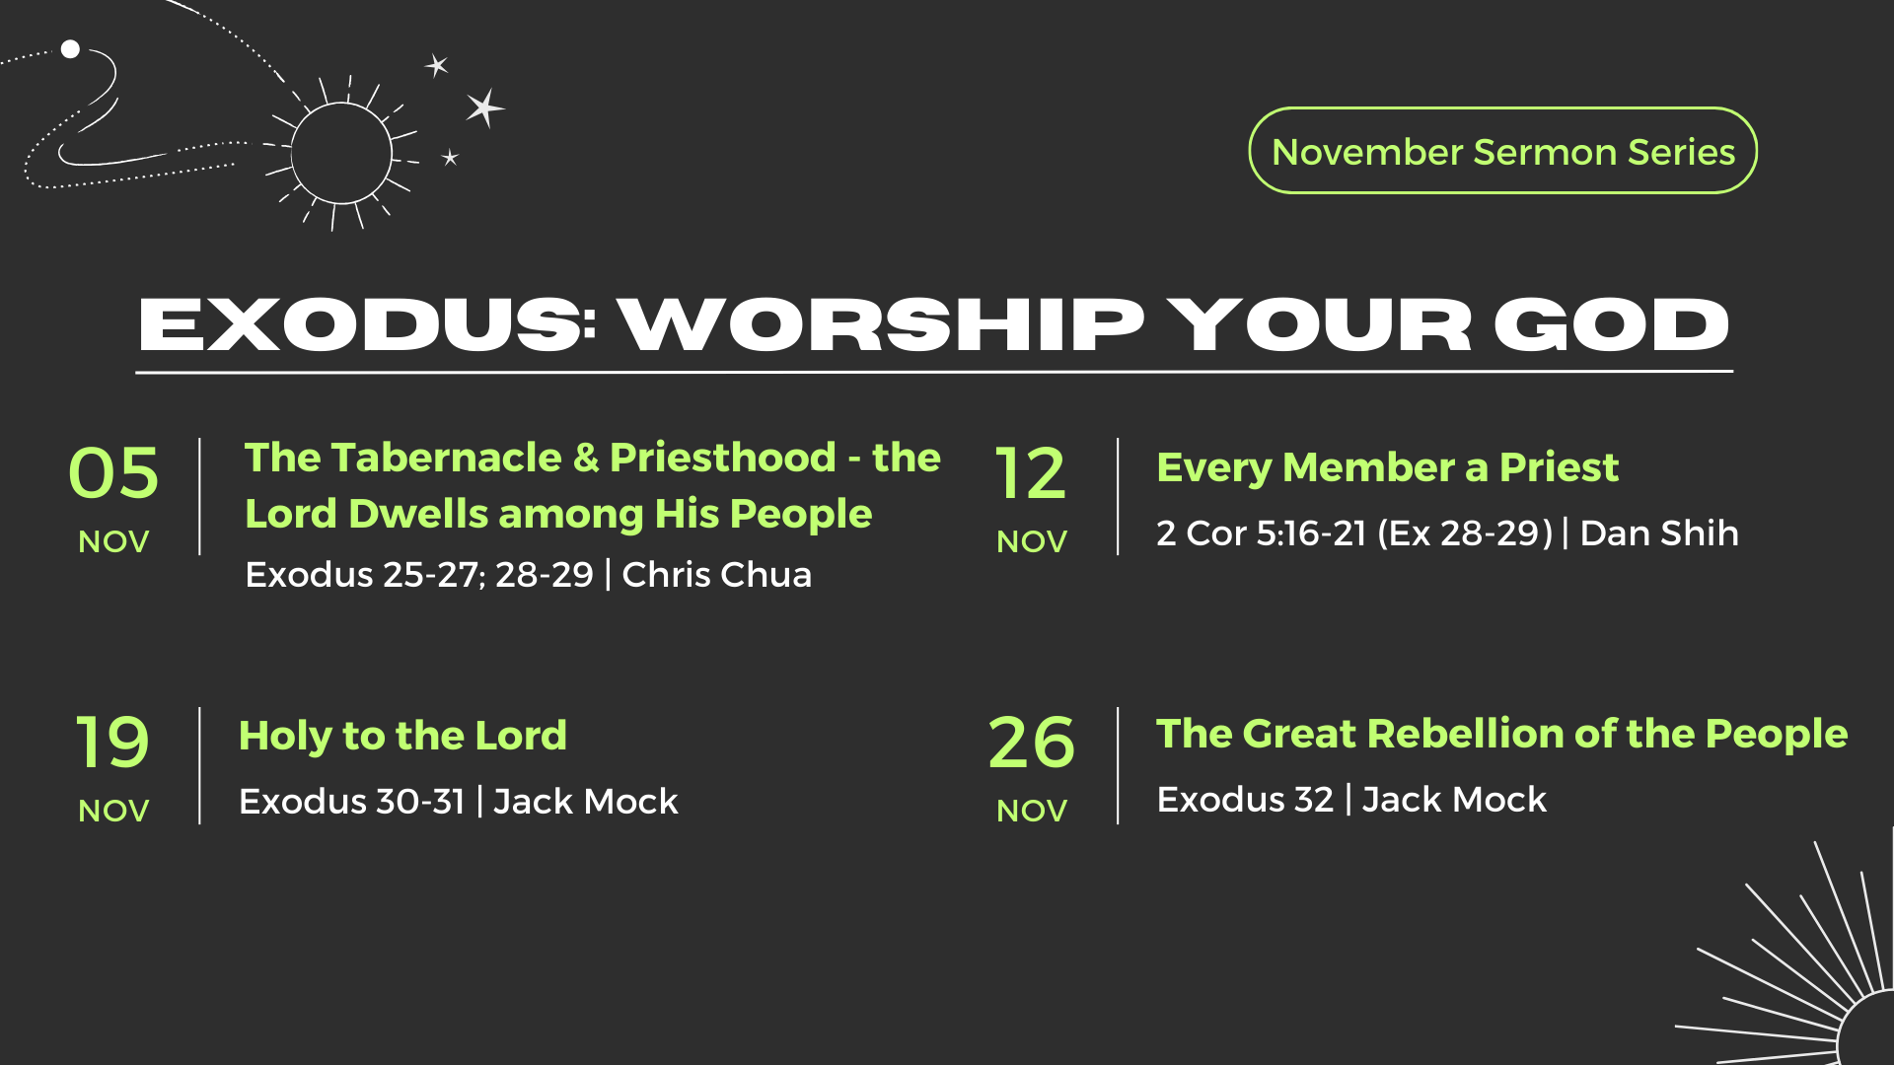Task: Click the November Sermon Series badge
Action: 1502,151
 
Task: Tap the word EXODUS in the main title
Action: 362,324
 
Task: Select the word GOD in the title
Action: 1611,324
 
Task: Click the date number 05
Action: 113,473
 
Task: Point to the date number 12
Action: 1031,473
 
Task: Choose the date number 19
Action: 112,743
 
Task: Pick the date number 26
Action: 1031,743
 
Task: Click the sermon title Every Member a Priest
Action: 1387,467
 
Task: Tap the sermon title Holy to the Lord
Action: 402,736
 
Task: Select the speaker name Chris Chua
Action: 716,574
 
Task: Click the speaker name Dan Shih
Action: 1659,532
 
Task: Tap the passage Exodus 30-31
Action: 351,801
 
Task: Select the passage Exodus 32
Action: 1245,799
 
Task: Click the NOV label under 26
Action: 1032,811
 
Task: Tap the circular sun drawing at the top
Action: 341,153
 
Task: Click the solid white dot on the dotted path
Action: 70,49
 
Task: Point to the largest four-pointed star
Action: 484,107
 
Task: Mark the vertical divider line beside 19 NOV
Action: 199,765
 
